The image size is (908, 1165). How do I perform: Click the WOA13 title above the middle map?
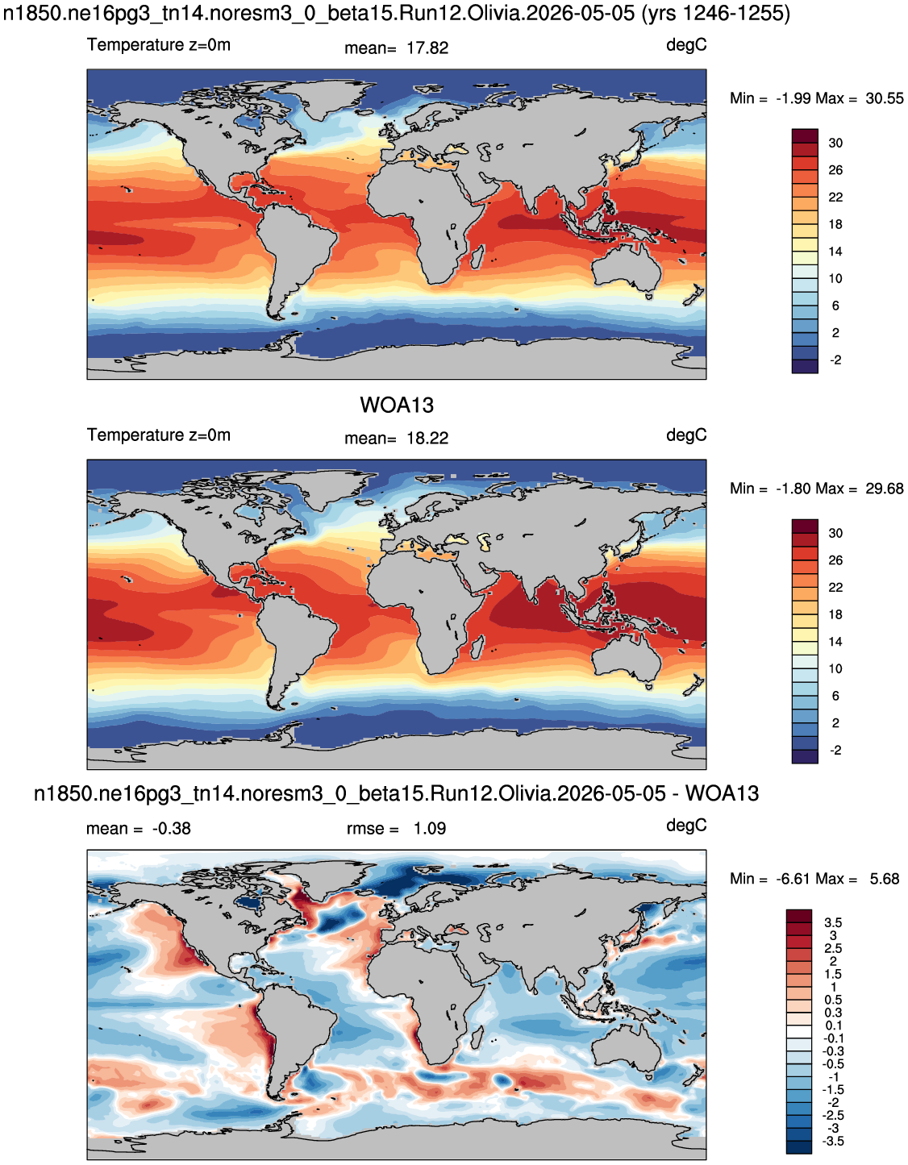pyautogui.click(x=397, y=406)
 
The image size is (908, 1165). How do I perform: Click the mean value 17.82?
pyautogui.click(x=427, y=48)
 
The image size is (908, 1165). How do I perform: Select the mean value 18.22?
pyautogui.click(x=427, y=439)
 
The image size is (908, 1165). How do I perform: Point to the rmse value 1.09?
pyautogui.click(x=430, y=829)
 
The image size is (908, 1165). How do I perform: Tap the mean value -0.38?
pyautogui.click(x=172, y=829)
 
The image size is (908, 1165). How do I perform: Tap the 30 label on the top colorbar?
pyautogui.click(x=835, y=144)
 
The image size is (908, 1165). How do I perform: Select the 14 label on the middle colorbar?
pyautogui.click(x=835, y=642)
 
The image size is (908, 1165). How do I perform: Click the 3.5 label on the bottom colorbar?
pyautogui.click(x=833, y=922)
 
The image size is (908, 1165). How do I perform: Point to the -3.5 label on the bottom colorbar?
pyautogui.click(x=833, y=1142)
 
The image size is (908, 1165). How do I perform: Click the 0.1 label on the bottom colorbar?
pyautogui.click(x=833, y=1026)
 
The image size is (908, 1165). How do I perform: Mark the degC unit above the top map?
pyautogui.click(x=686, y=46)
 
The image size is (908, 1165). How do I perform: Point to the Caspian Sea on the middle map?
pyautogui.click(x=485, y=541)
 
